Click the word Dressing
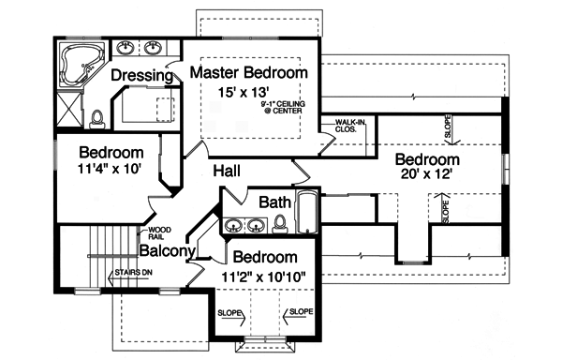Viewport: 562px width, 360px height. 141,75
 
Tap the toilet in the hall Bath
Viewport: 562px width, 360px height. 279,223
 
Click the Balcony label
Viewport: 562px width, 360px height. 167,251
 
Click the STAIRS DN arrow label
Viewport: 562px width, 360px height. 131,273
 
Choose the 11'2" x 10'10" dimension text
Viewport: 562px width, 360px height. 265,277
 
